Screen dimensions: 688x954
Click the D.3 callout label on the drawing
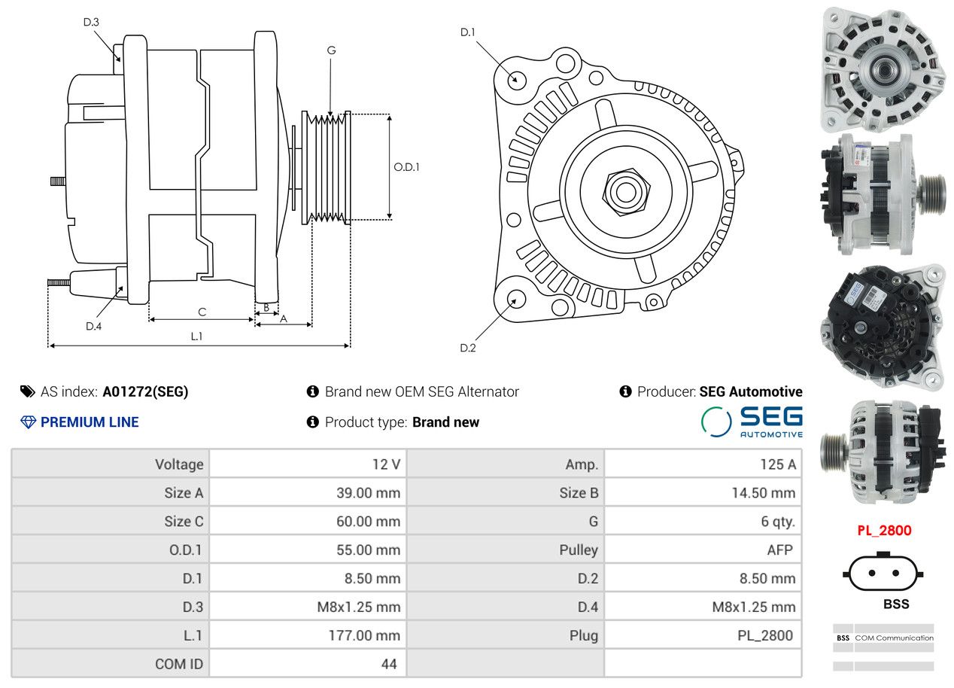tap(91, 22)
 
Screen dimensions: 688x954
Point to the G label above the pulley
tap(331, 50)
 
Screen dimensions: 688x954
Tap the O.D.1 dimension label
tap(406, 167)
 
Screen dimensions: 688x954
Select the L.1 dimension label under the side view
tap(196, 336)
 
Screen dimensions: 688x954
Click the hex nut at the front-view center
tap(624, 190)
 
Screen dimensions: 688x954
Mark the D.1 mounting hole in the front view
tap(516, 79)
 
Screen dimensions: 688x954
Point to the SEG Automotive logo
tap(752, 422)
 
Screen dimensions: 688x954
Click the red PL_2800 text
tap(884, 531)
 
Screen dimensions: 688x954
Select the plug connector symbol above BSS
tap(884, 574)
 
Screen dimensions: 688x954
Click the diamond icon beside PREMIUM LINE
tap(28, 422)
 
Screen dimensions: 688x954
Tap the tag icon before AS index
tap(28, 391)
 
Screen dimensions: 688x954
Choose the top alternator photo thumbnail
tap(884, 70)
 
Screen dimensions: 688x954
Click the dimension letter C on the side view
tap(202, 312)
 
